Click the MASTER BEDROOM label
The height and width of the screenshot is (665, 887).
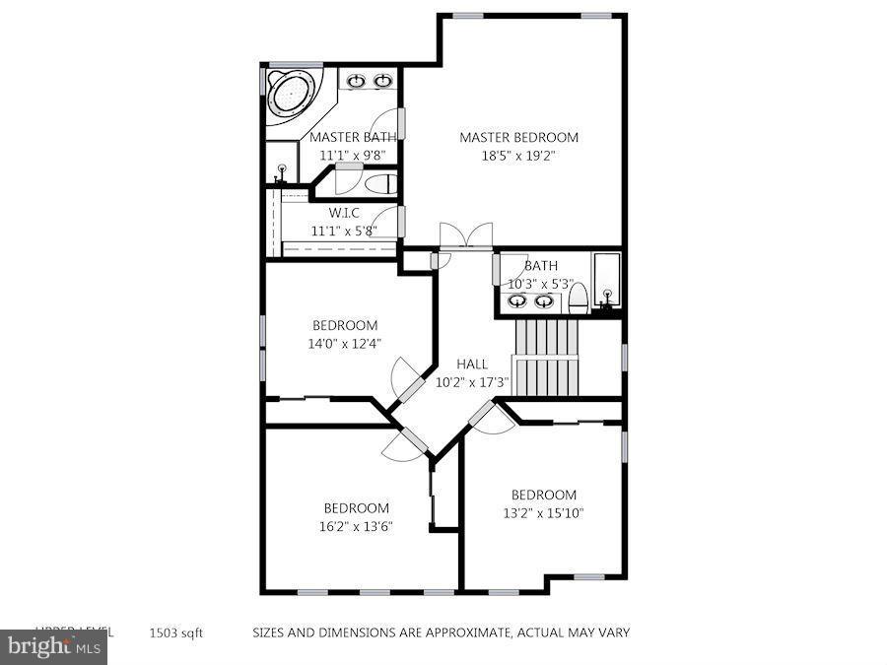[518, 137]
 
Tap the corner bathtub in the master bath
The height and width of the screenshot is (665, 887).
[292, 96]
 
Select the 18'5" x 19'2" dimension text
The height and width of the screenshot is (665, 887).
[518, 156]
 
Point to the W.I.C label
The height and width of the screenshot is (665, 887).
[343, 212]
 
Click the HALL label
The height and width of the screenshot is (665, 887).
[472, 364]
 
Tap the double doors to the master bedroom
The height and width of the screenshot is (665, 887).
[465, 236]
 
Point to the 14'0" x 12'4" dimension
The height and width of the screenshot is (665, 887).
[344, 344]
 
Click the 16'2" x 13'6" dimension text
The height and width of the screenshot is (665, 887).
[357, 526]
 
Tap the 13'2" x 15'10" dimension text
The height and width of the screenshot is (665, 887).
[543, 512]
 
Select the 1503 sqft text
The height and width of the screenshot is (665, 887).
[176, 633]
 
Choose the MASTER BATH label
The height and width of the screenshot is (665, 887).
[353, 137]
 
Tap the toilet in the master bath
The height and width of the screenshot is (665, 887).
[380, 183]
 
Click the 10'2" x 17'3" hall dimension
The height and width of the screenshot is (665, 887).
[472, 382]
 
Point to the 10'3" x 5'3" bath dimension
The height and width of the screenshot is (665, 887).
[540, 284]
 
